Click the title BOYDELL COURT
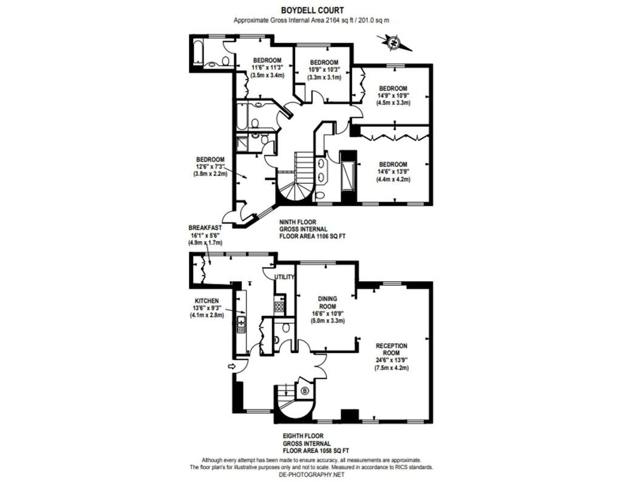click(x=313, y=10)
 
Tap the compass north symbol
click(x=394, y=43)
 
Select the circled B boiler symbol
click(x=305, y=391)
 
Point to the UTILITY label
click(x=285, y=277)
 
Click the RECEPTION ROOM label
click(x=392, y=349)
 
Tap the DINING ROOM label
click(x=327, y=303)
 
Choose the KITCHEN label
click(x=207, y=301)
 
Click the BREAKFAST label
click(x=205, y=228)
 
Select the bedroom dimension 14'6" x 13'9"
click(x=393, y=172)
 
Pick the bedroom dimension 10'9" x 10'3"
click(x=324, y=70)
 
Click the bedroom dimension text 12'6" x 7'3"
click(x=210, y=166)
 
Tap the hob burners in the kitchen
click(x=279, y=306)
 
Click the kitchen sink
click(x=241, y=324)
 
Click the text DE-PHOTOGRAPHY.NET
click(x=312, y=474)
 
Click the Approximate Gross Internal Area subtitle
click(x=312, y=20)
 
